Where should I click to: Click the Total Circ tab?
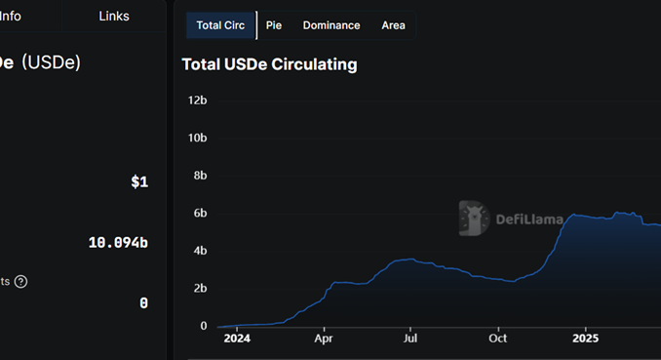(x=220, y=25)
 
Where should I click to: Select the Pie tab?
(x=274, y=25)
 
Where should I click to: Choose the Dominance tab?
(x=330, y=25)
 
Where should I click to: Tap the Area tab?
(x=393, y=25)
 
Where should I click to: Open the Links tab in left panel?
(x=114, y=16)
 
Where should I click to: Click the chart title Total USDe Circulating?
(x=269, y=64)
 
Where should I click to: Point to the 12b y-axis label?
(x=197, y=100)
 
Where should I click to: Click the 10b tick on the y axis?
(x=197, y=139)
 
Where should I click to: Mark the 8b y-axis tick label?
(x=200, y=176)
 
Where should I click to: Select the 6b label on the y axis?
(x=200, y=214)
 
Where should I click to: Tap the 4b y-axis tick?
(x=200, y=251)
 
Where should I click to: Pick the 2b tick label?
(x=200, y=289)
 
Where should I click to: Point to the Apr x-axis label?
(x=324, y=340)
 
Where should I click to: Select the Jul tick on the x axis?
(x=410, y=340)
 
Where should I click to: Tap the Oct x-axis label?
(x=497, y=340)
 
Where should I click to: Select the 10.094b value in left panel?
(x=118, y=242)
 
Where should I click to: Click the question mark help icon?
(x=20, y=282)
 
